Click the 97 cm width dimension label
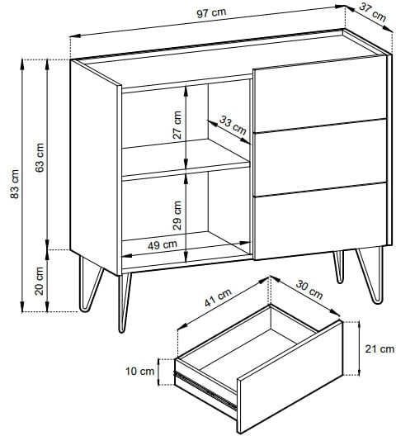(211, 12)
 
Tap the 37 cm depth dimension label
(373, 12)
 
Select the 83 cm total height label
(15, 184)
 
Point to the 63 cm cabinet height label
(40, 158)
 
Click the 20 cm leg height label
(39, 281)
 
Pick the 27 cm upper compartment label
(177, 126)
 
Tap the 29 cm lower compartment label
(177, 216)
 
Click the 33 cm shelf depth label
(233, 126)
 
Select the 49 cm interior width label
(163, 245)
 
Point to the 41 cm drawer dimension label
(218, 297)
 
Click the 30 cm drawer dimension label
(309, 290)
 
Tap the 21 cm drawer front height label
(379, 348)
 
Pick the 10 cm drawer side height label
(139, 372)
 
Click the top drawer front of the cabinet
(320, 93)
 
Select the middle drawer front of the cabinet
(320, 158)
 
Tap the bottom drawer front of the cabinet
(320, 221)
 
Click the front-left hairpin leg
(125, 302)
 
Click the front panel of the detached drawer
(290, 377)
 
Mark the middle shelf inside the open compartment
(186, 159)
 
